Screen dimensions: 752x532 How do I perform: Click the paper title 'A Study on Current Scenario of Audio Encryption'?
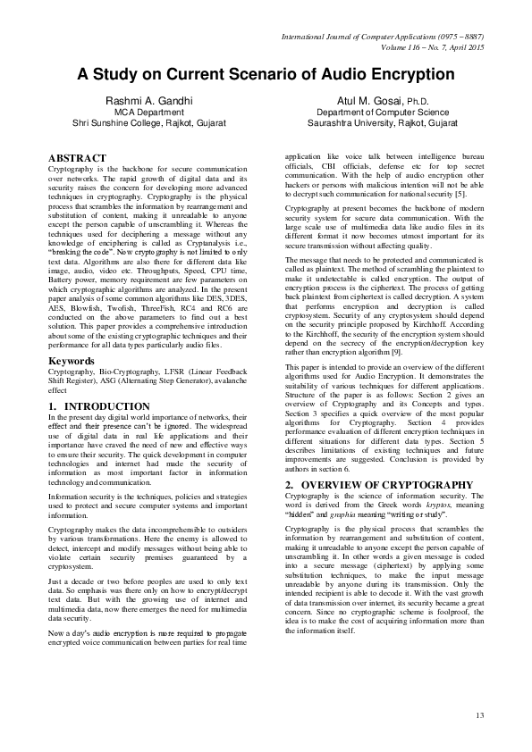click(x=266, y=74)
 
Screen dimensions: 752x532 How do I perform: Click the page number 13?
click(x=479, y=714)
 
